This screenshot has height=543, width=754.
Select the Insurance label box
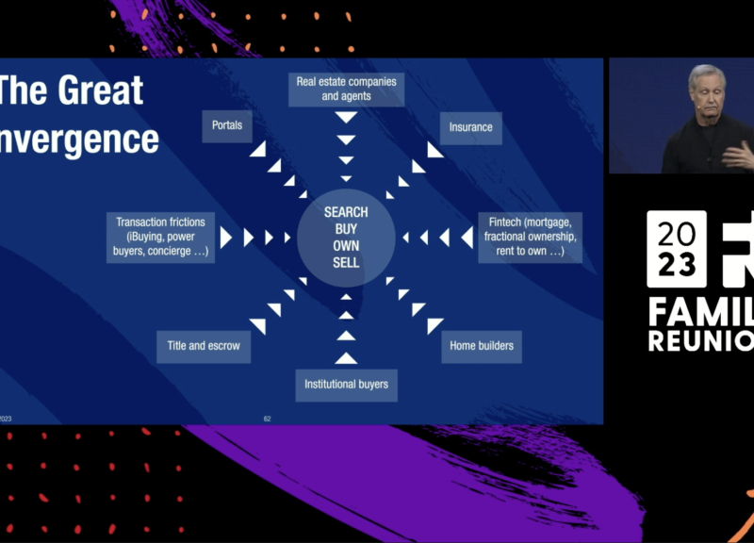[470, 127]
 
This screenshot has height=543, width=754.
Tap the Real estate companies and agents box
[346, 89]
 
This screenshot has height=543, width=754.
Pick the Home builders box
[482, 346]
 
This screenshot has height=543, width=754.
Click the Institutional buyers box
[346, 384]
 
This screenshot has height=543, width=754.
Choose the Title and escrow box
[204, 346]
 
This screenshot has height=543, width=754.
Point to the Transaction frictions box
[161, 238]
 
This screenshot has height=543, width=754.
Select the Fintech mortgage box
[530, 238]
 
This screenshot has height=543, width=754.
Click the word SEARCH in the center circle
[346, 212]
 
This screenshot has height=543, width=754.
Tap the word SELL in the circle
[346, 263]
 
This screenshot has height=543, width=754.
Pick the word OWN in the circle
[346, 246]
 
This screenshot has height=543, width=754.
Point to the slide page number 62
[267, 418]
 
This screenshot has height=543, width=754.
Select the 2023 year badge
[676, 249]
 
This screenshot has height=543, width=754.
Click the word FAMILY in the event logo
[700, 311]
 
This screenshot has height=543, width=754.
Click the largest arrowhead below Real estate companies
[346, 118]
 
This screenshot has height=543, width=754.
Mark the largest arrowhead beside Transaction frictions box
[226, 238]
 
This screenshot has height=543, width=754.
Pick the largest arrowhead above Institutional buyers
[346, 357]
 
